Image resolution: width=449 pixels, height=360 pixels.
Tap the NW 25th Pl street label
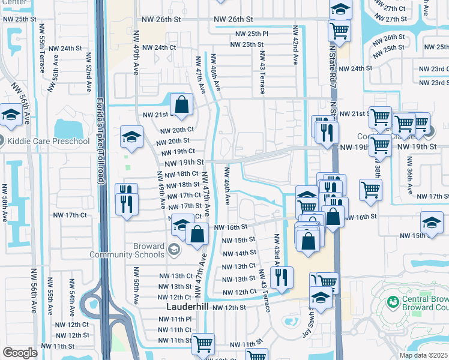(252, 34)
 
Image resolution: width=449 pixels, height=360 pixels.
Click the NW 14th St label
(239, 253)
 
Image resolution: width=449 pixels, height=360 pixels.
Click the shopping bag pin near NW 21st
(181, 104)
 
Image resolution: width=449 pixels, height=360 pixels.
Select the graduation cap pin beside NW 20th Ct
(131, 137)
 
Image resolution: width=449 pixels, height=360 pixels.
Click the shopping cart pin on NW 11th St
(203, 344)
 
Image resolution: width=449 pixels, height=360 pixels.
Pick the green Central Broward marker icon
(393, 301)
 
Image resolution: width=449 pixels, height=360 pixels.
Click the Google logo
(20, 353)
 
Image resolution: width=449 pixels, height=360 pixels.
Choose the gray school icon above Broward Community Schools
(174, 250)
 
